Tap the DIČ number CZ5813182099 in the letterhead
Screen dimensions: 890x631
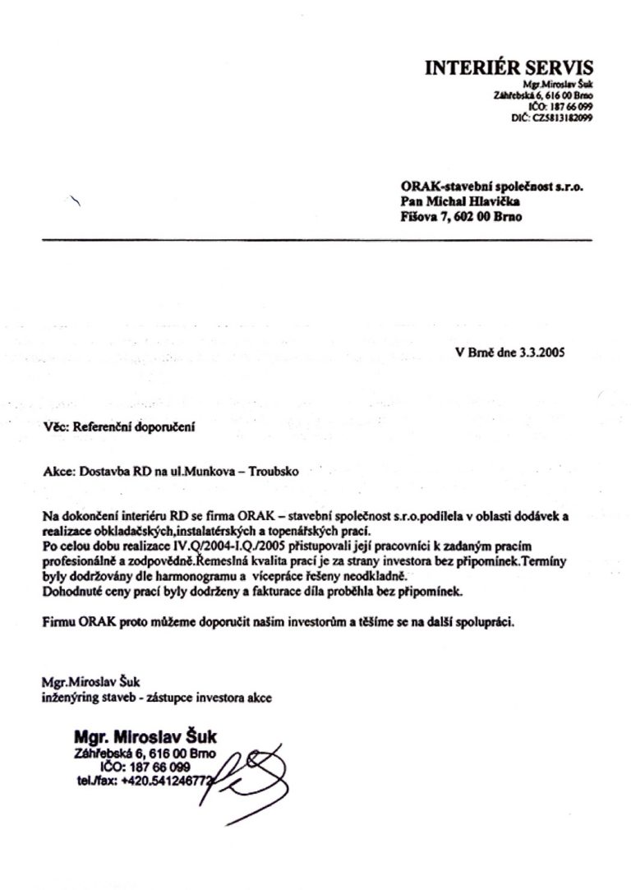[563, 118]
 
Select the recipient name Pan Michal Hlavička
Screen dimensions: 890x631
[461, 202]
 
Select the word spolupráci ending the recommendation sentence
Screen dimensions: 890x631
[484, 622]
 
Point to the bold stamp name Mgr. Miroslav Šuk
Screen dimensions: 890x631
[145, 736]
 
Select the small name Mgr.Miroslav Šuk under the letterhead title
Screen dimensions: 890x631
[558, 85]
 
